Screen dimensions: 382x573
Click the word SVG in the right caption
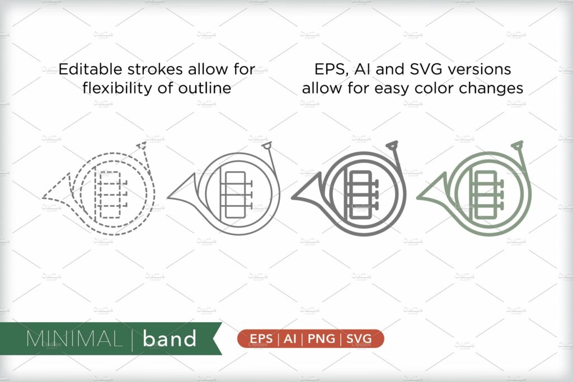(407, 69)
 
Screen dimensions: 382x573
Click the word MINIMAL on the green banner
(73, 339)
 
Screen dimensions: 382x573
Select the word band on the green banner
(170, 339)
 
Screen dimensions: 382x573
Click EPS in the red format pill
(261, 339)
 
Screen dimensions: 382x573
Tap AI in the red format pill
(290, 339)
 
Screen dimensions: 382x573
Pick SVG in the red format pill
(358, 339)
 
